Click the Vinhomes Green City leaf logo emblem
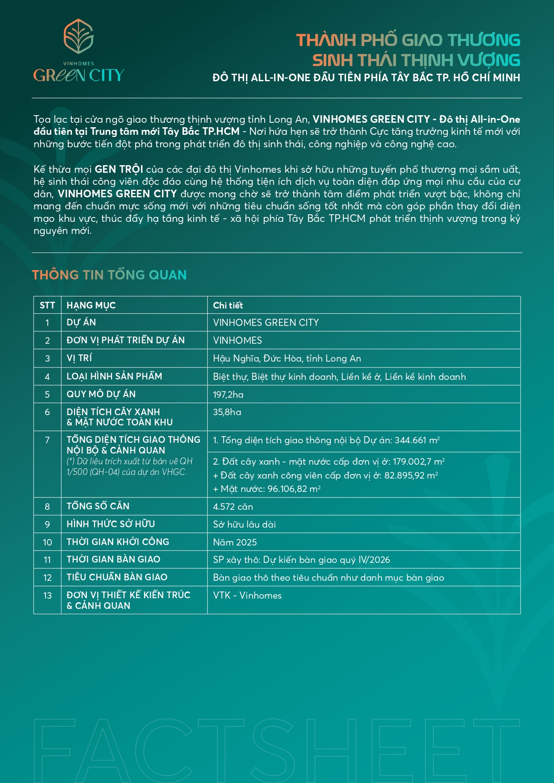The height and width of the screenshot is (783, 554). [79, 36]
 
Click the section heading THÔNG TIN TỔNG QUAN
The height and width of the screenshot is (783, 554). [109, 275]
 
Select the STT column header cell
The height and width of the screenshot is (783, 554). [47, 305]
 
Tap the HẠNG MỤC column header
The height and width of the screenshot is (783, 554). [91, 305]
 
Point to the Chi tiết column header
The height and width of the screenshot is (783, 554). [228, 305]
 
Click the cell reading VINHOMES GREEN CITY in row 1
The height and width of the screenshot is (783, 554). [266, 323]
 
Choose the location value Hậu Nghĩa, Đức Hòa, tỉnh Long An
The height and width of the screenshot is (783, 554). [287, 358]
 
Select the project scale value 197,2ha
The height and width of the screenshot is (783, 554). [228, 395]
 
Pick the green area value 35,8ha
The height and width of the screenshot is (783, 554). [227, 412]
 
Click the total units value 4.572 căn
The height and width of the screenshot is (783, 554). [233, 507]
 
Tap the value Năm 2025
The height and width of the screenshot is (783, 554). [235, 542]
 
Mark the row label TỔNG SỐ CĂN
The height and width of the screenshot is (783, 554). [98, 506]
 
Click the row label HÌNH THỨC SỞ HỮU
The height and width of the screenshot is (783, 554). [111, 524]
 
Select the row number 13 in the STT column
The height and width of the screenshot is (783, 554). [47, 596]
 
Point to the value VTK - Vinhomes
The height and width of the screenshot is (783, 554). [247, 596]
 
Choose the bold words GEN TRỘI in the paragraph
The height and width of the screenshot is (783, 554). [119, 170]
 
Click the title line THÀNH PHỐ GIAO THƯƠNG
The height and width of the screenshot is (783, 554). [408, 40]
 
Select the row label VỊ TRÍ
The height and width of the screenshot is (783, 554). [79, 358]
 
